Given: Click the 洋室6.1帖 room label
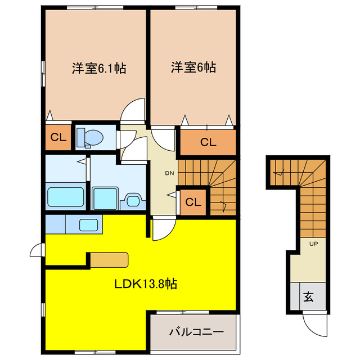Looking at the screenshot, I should pyautogui.click(x=98, y=69).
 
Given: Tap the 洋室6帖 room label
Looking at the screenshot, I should pyautogui.click(x=193, y=67).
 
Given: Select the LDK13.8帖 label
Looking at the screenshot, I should pyautogui.click(x=146, y=284).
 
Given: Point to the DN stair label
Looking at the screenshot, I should pyautogui.click(x=169, y=173).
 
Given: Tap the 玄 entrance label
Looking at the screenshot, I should pyautogui.click(x=309, y=296).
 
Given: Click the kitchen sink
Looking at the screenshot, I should pyautogui.click(x=89, y=225).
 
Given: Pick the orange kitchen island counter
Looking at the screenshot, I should pyautogui.click(x=110, y=259).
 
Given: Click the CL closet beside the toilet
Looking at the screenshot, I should pyautogui.click(x=58, y=137).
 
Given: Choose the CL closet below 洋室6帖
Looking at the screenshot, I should pyautogui.click(x=208, y=142).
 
